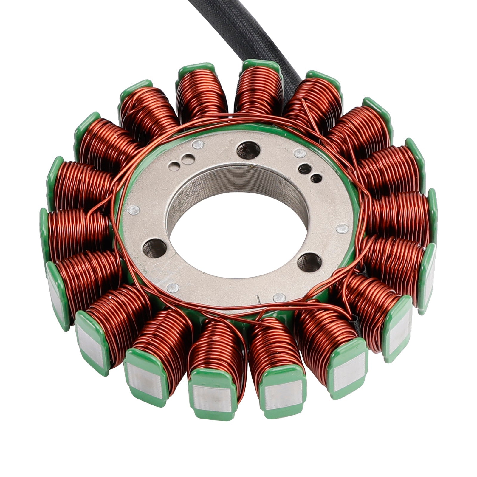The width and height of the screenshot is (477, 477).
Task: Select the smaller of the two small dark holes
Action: coord(316,178)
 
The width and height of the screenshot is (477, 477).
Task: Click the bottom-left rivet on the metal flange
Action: coord(172,288)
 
